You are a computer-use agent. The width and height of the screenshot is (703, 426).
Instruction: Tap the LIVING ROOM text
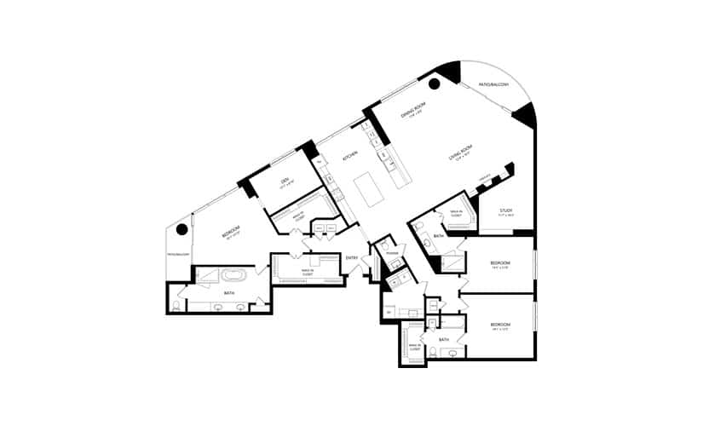(x=461, y=154)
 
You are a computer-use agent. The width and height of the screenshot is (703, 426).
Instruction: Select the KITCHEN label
(x=350, y=157)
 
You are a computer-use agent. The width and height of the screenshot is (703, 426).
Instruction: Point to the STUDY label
(x=505, y=210)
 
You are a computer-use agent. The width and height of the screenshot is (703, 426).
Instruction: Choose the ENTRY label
(x=352, y=258)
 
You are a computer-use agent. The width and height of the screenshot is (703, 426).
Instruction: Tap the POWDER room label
(x=392, y=253)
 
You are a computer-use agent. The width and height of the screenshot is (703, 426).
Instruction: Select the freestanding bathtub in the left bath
(x=233, y=276)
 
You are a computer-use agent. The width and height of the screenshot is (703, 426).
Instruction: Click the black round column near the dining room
(x=434, y=83)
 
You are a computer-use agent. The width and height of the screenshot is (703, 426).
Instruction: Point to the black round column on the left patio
(x=182, y=229)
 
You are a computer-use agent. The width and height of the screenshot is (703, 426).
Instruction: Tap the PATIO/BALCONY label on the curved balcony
(x=493, y=84)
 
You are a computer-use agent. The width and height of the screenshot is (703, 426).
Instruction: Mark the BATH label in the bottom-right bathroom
(x=444, y=340)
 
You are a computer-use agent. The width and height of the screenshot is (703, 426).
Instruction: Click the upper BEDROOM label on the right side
(x=500, y=263)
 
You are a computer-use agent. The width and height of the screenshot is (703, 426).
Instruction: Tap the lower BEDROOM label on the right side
(x=500, y=325)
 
